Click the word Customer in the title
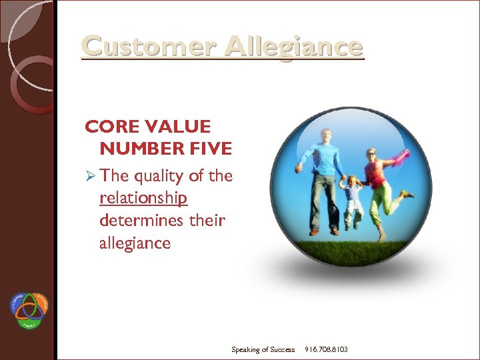pos(149,47)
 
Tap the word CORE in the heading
pos(110,127)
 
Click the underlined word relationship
pos(143,198)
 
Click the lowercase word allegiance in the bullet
pos(135,243)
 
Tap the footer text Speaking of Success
pos(263,349)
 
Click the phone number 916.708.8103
pos(326,349)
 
